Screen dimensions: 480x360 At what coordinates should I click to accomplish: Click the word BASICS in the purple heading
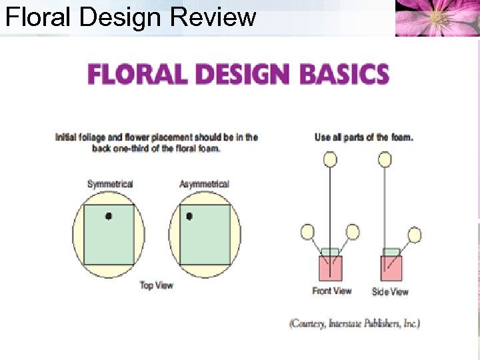click(x=345, y=73)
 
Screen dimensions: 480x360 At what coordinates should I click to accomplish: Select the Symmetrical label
click(x=110, y=184)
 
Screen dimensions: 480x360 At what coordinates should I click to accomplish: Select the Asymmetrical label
click(x=204, y=184)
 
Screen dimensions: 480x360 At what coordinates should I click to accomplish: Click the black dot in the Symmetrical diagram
click(x=109, y=215)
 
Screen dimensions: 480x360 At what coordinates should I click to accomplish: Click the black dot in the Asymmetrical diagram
click(x=189, y=216)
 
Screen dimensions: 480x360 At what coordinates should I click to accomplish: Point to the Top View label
click(x=157, y=285)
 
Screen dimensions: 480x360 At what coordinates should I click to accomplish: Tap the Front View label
click(x=331, y=291)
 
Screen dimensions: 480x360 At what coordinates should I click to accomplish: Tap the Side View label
click(x=390, y=291)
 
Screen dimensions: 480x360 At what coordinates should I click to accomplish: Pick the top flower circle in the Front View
click(x=330, y=159)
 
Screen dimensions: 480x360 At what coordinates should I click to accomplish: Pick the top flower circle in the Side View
click(x=385, y=159)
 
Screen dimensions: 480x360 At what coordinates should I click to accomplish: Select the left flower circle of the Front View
click(x=307, y=232)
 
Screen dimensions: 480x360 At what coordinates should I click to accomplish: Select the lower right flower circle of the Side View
click(x=414, y=235)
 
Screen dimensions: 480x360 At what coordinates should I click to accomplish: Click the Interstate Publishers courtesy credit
click(x=354, y=323)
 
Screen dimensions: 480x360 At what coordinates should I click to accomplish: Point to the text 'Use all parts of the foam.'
click(x=363, y=137)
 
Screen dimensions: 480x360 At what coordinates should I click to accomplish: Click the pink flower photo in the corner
click(x=437, y=18)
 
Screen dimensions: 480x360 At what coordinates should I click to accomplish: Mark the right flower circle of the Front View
click(x=353, y=232)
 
